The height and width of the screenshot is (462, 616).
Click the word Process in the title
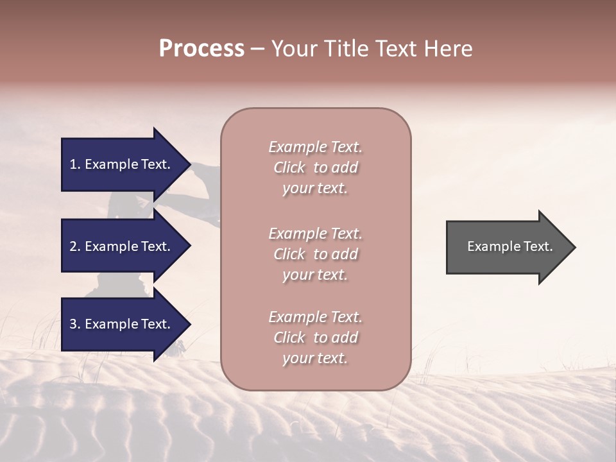[x=201, y=49]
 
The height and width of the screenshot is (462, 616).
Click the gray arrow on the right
[x=507, y=246]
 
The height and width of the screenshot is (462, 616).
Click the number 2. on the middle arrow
[x=74, y=246]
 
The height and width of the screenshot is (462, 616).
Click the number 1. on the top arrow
[x=74, y=164]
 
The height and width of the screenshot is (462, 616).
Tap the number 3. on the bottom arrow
[x=74, y=324]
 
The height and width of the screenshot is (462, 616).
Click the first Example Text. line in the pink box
[x=315, y=147]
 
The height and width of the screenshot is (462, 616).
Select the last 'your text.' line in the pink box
[x=315, y=358]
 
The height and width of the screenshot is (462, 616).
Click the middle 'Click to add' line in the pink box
[x=315, y=254]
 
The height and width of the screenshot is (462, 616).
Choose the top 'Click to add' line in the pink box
[x=315, y=167]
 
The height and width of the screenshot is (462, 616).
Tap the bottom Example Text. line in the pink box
[x=315, y=317]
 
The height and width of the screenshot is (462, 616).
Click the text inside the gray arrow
[x=509, y=246]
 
